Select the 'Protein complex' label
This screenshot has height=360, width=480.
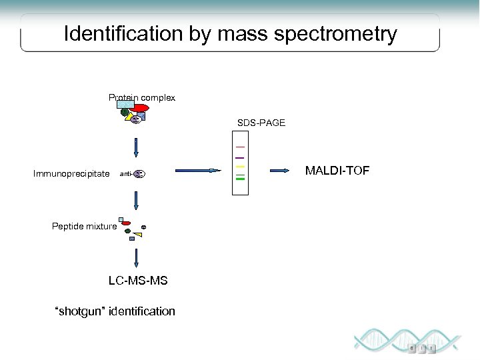click(x=142, y=98)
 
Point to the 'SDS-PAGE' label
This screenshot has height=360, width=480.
click(x=261, y=123)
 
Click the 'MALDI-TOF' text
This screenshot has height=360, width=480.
click(x=337, y=171)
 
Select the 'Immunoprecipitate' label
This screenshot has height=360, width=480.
click(x=71, y=174)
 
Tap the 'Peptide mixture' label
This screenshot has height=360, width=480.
click(x=84, y=226)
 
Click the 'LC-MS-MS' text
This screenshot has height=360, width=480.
click(x=138, y=281)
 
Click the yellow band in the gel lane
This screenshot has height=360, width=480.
click(x=240, y=166)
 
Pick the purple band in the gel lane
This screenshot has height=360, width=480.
click(x=240, y=157)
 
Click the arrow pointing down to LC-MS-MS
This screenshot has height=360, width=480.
click(x=136, y=258)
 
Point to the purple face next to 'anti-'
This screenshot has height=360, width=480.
click(x=139, y=174)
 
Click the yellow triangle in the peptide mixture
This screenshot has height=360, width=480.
click(x=146, y=234)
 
